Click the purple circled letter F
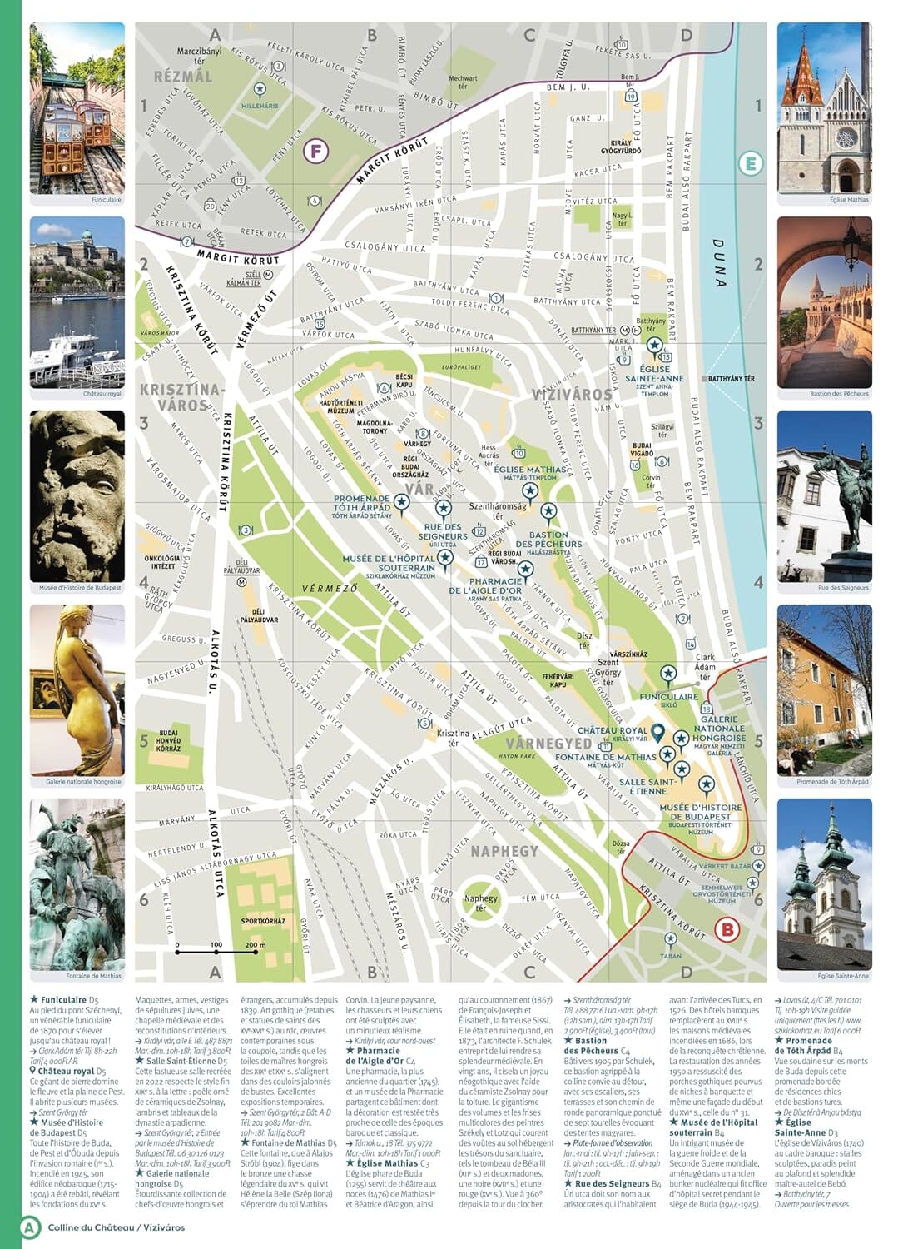[x=316, y=151]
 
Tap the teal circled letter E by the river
[x=751, y=163]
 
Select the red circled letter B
[x=727, y=929]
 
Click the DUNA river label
[x=718, y=263]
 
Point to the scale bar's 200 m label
[x=256, y=945]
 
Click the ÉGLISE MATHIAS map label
[x=529, y=470]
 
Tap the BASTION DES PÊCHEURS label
[x=548, y=540]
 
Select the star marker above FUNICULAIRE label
[x=667, y=674]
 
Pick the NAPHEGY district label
[x=504, y=851]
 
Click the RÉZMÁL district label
[x=183, y=77]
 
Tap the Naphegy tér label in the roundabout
[x=481, y=903]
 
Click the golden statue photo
[x=77, y=690]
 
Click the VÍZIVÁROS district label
[x=572, y=394]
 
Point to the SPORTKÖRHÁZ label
[x=263, y=921]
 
